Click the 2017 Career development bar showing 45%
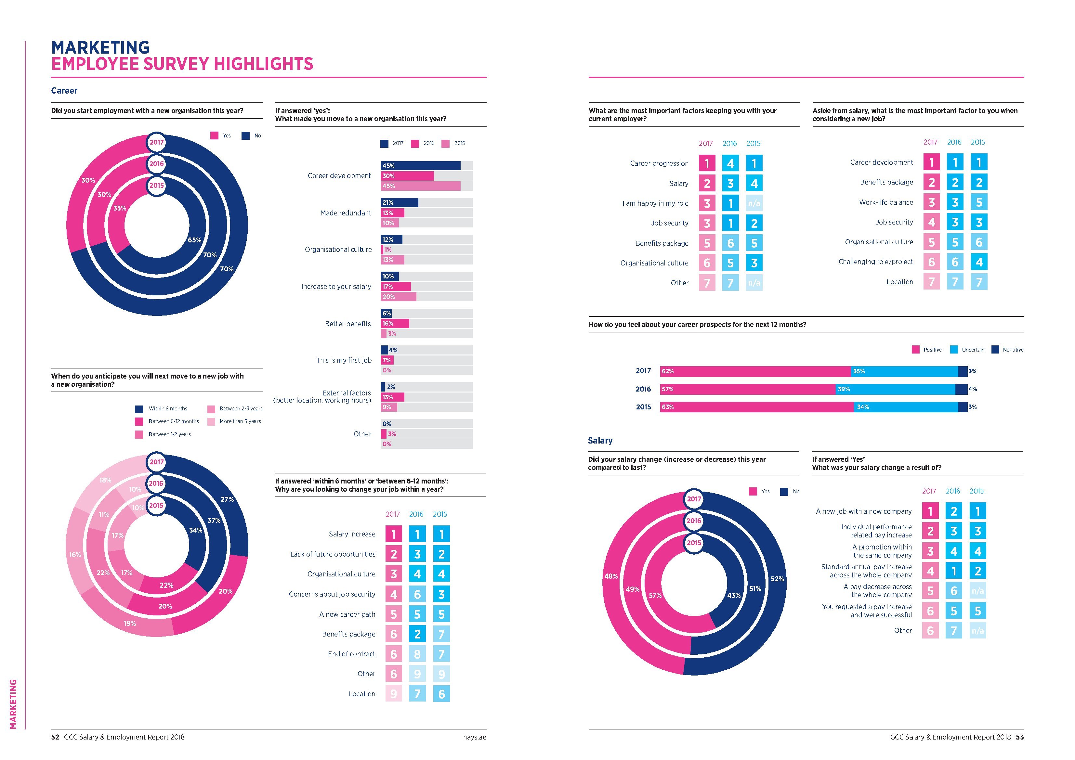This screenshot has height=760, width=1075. [x=420, y=166]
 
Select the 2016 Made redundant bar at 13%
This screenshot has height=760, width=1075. [x=392, y=213]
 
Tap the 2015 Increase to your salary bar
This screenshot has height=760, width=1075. [x=399, y=297]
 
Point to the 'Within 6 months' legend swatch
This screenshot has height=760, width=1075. [x=139, y=409]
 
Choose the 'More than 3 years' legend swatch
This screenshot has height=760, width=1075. [x=211, y=422]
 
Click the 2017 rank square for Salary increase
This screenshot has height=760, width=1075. [x=393, y=534]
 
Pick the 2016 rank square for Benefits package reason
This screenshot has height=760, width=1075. [x=417, y=634]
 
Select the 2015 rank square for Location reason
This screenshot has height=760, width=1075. [x=441, y=694]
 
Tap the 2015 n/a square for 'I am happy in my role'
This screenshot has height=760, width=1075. [x=754, y=203]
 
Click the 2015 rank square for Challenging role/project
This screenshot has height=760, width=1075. [x=978, y=262]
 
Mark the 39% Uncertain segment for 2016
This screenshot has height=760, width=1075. [x=895, y=389]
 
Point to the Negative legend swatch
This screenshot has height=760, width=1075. [x=995, y=350]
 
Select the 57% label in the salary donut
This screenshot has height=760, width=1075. [x=655, y=596]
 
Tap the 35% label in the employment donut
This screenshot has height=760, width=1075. [x=120, y=208]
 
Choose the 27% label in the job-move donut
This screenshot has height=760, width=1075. [x=227, y=499]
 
